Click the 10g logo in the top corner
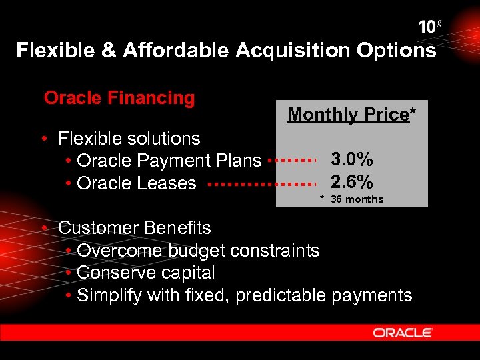pyautogui.click(x=430, y=27)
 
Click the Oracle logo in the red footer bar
pyautogui.click(x=403, y=333)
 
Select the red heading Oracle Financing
pyautogui.click(x=119, y=98)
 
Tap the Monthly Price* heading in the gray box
pyautogui.click(x=351, y=115)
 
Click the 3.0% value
pyautogui.click(x=352, y=159)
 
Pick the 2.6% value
pyautogui.click(x=352, y=181)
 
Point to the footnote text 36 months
pyautogui.click(x=357, y=199)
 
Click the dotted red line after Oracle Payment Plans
pyautogui.click(x=291, y=161)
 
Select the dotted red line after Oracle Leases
pyautogui.click(x=265, y=183)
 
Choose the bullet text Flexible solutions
pyautogui.click(x=129, y=139)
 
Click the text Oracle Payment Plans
pyautogui.click(x=169, y=161)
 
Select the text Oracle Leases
pyautogui.click(x=137, y=183)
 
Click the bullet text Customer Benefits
pyautogui.click(x=134, y=228)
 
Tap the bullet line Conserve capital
pyautogui.click(x=146, y=273)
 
